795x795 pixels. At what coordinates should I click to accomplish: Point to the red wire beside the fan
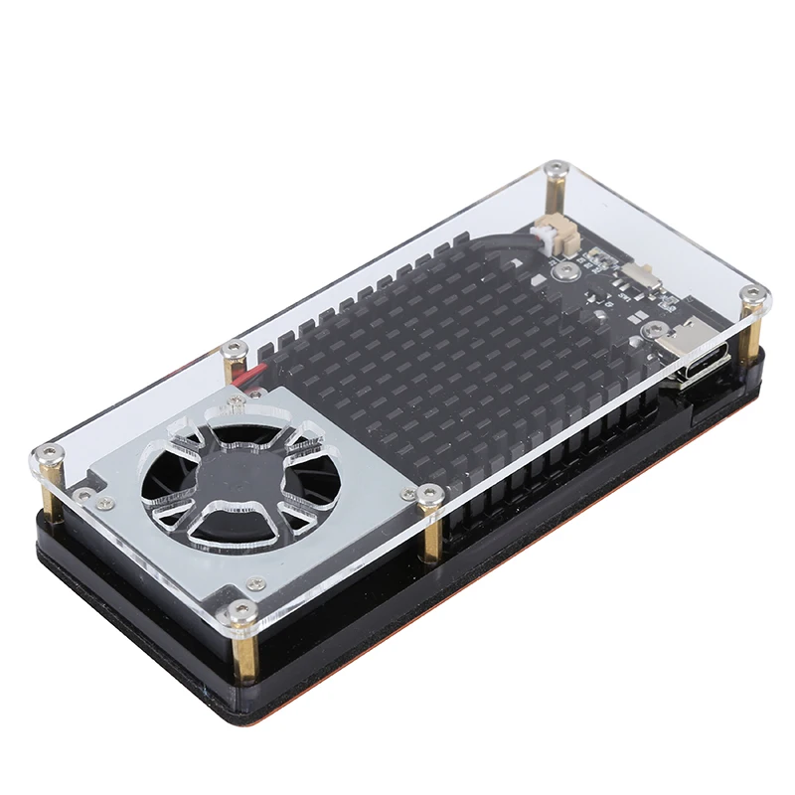(244, 373)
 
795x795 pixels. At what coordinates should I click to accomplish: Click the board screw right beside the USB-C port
(655, 329)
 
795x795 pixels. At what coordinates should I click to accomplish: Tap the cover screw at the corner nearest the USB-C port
(754, 294)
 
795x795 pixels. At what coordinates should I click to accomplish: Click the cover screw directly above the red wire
(236, 348)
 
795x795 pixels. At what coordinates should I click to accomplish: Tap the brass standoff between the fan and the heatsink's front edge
(433, 537)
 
